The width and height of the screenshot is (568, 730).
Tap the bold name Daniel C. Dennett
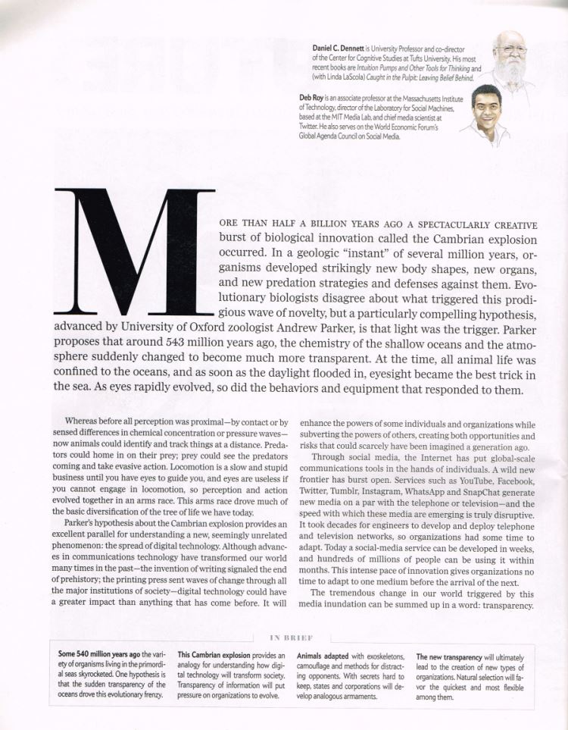tap(342, 48)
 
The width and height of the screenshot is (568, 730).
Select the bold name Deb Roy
tap(314, 98)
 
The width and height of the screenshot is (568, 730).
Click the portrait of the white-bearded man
tap(509, 57)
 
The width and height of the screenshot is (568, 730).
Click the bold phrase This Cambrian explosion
tap(211, 654)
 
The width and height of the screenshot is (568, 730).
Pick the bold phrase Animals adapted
tap(323, 654)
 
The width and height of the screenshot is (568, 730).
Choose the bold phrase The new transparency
tap(449, 654)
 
